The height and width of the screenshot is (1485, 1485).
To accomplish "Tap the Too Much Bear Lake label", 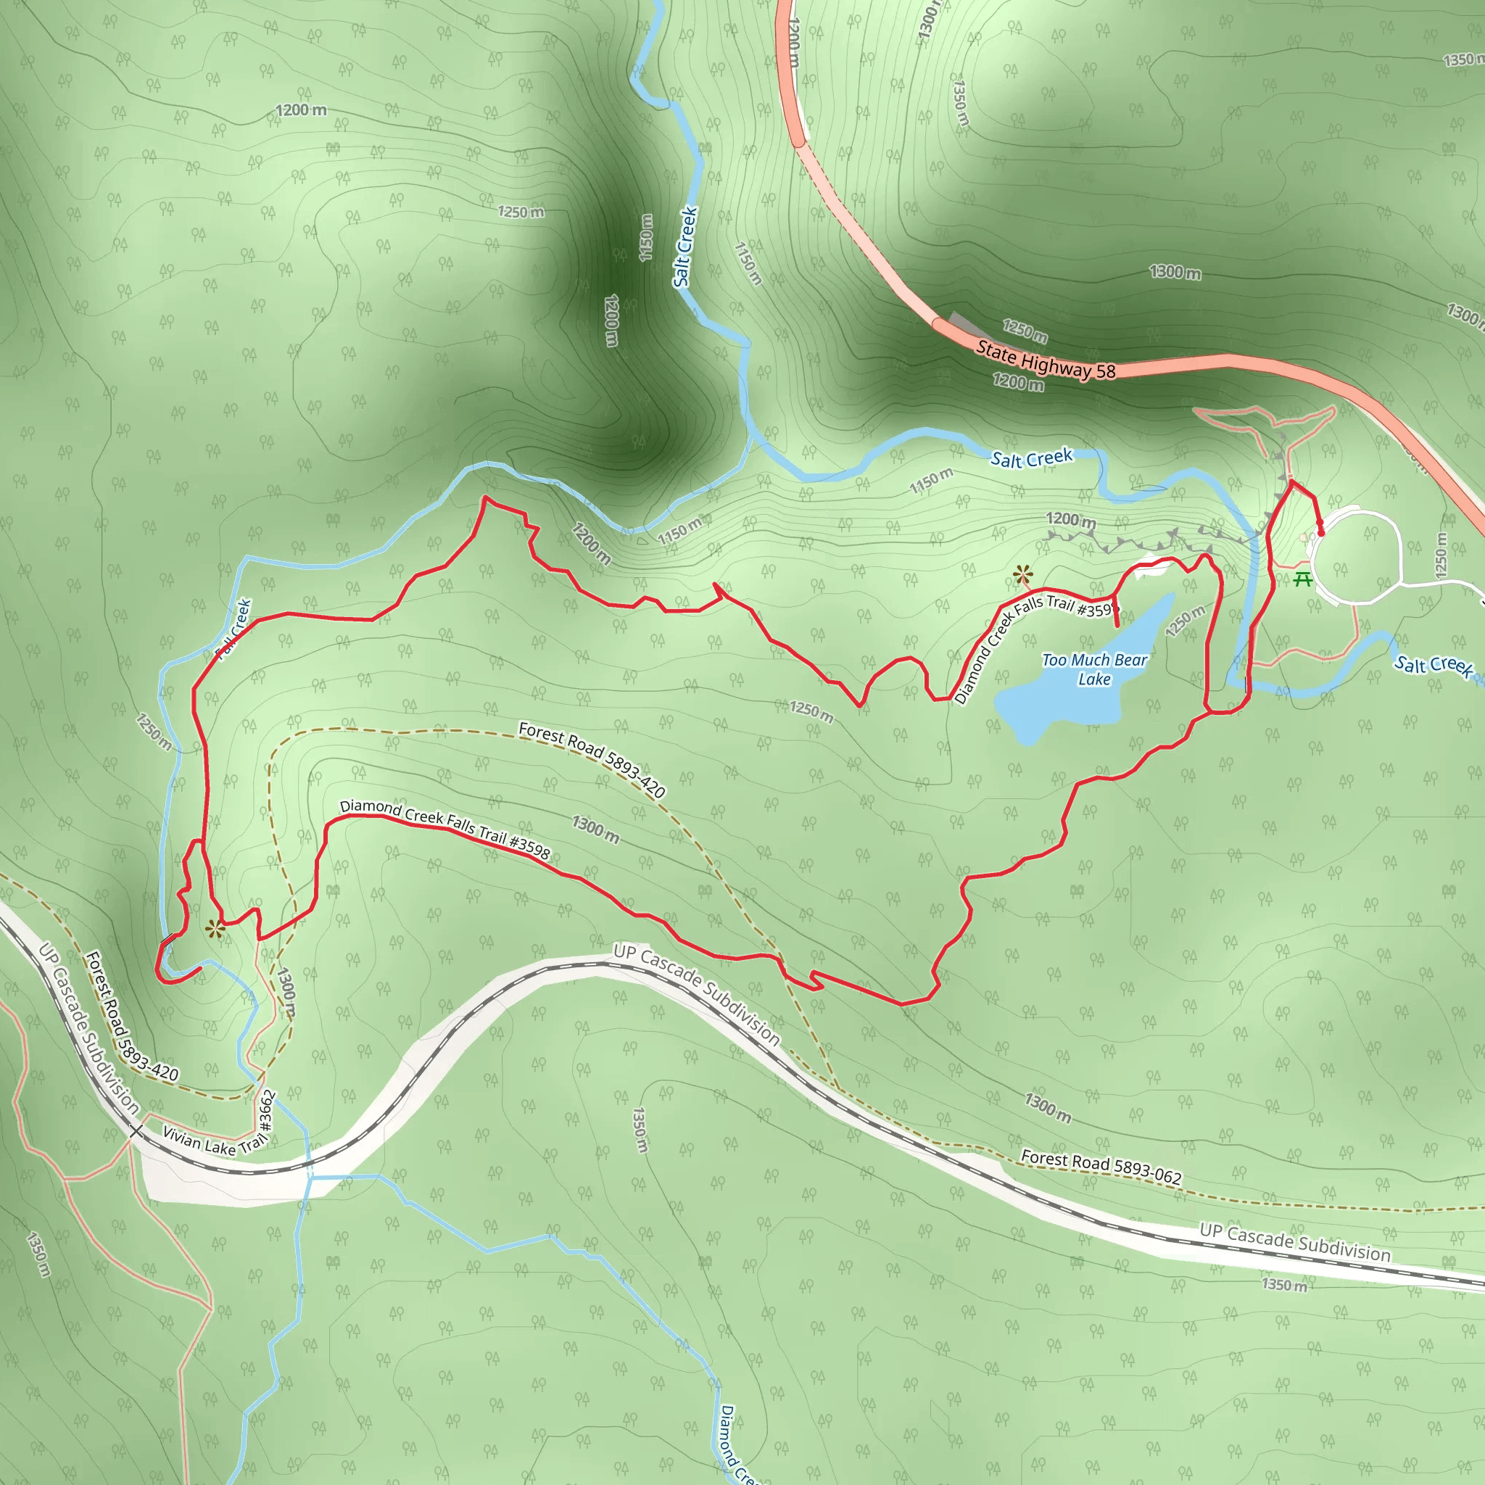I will coord(1093,669).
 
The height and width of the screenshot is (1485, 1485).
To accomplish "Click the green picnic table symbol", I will coord(1302,579).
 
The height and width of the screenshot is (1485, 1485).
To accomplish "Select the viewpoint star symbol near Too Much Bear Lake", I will coord(1022,574).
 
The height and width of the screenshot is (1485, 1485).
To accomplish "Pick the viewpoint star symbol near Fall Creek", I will coord(215,930).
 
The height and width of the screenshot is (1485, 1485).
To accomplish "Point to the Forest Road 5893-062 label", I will coord(1101,1166).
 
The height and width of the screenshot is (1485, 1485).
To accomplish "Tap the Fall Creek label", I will coord(234,629).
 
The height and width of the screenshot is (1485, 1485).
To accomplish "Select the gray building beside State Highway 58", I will coord(964,323).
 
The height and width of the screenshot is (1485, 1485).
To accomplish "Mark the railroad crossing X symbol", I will coord(136,1130).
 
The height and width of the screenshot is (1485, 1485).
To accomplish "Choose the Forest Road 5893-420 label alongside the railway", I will coord(131,1017).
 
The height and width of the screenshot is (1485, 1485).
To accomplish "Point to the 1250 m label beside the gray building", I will coord(1025,331).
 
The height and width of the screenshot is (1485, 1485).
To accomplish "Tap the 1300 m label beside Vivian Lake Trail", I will coord(286,991).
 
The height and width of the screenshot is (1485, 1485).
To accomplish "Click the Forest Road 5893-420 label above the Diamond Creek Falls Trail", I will coord(591,759).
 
